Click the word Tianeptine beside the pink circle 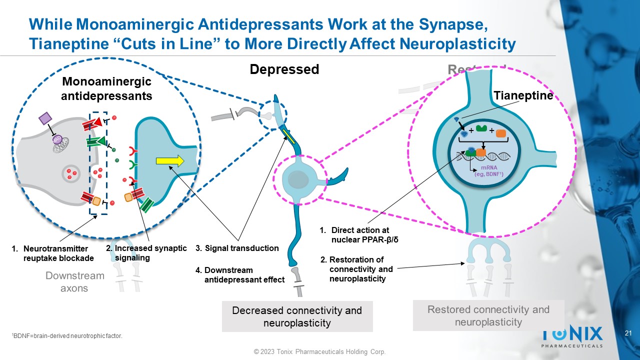523,95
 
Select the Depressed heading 284,69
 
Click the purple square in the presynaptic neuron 45,118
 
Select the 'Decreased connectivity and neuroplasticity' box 297,316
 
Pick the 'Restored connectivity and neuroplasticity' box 488,315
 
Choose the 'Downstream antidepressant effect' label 240,275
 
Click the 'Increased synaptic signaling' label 146,253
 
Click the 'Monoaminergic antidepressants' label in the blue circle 106,88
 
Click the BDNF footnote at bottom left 66,336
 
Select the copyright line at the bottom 320,352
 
